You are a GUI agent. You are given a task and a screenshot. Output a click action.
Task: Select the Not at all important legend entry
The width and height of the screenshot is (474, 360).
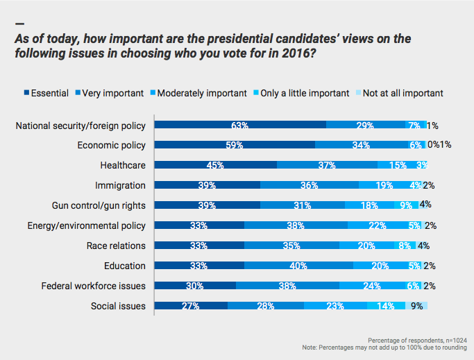402,93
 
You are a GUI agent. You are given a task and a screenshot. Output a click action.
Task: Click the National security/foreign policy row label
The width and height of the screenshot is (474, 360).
81,126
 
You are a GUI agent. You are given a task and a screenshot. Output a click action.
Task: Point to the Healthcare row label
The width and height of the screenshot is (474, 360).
123,165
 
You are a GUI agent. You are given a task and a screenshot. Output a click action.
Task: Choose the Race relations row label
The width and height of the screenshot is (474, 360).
116,246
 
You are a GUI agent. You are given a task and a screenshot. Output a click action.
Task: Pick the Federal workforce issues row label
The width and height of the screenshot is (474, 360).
94,285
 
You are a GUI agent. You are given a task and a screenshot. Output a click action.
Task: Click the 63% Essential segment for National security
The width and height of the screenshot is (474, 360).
240,126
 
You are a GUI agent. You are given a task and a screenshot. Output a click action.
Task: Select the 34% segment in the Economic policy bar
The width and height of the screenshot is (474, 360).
361,146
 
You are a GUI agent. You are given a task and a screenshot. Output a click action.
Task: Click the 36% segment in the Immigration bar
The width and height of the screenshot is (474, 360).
310,185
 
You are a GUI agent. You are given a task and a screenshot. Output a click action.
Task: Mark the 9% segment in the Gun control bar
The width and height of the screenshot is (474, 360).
405,205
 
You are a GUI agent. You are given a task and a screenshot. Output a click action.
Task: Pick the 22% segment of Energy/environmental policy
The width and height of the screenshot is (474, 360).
377,225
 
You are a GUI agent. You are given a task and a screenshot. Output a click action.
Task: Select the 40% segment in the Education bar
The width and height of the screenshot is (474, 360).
298,266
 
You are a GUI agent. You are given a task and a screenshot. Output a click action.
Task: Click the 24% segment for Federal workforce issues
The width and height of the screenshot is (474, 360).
372,285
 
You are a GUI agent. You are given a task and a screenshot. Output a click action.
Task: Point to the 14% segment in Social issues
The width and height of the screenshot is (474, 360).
385,305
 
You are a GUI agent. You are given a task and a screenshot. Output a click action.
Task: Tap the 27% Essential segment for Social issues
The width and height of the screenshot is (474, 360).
191,305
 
